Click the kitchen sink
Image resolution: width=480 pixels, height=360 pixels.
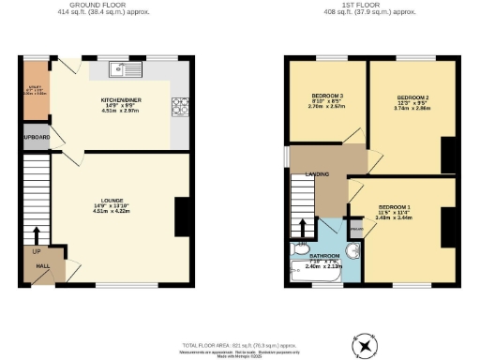click(124, 68)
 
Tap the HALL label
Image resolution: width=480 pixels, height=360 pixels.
click(42, 266)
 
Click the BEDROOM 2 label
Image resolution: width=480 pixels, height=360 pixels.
click(412, 97)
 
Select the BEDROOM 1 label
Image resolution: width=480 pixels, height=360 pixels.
click(395, 206)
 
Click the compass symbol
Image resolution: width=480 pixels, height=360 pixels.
click(364, 347)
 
